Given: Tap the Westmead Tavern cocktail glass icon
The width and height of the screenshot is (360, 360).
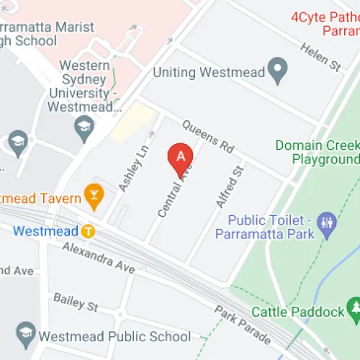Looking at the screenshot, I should (x=92, y=193).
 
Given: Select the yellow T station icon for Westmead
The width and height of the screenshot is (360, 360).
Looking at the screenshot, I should (x=88, y=232).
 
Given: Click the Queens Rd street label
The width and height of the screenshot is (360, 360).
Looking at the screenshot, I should (x=208, y=137).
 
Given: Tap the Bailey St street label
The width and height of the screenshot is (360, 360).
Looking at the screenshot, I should (x=76, y=302).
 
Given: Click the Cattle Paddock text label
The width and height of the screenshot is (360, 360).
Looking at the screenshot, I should (x=296, y=312).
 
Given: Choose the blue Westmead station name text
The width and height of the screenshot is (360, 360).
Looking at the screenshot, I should (x=45, y=232).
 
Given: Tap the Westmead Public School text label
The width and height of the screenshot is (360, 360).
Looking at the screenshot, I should (x=114, y=336).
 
